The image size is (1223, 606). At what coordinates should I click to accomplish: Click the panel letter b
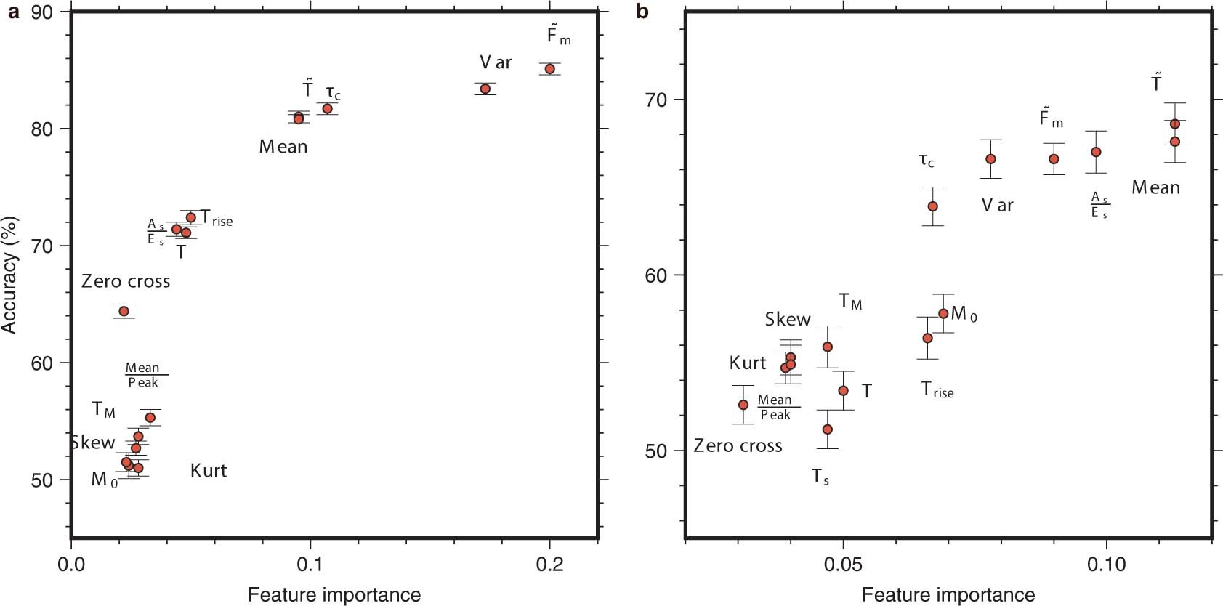click(x=642, y=12)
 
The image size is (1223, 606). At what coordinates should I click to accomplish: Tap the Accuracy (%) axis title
click(x=9, y=275)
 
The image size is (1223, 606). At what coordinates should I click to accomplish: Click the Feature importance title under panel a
click(x=334, y=595)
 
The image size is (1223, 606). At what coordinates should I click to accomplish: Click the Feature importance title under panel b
click(x=948, y=595)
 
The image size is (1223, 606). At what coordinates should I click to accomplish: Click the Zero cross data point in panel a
click(x=124, y=311)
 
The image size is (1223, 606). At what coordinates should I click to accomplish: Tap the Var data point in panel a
click(x=485, y=89)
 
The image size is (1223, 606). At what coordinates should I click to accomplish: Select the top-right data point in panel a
click(x=550, y=69)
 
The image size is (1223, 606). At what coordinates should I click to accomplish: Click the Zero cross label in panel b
click(x=738, y=446)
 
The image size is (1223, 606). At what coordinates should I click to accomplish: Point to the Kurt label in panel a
click(x=209, y=471)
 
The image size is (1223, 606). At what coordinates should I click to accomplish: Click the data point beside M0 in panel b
click(x=943, y=313)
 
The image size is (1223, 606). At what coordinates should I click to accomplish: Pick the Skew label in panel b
click(x=788, y=320)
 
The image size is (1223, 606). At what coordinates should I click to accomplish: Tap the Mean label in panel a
click(x=283, y=147)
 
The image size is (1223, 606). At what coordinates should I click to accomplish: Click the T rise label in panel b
click(x=937, y=390)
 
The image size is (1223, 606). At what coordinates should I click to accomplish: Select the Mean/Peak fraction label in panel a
click(x=143, y=375)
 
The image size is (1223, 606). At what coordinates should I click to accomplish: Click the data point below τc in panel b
click(x=932, y=206)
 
